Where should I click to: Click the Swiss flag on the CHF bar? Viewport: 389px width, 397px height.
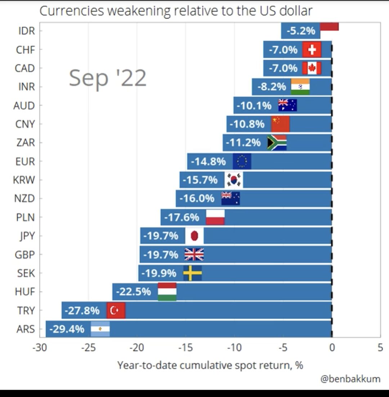pyautogui.click(x=312, y=50)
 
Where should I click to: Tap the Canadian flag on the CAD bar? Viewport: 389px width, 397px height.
pyautogui.click(x=312, y=68)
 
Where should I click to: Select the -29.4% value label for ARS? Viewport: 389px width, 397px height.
pyautogui.click(x=67, y=329)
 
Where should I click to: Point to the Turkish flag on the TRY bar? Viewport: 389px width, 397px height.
pyautogui.click(x=116, y=311)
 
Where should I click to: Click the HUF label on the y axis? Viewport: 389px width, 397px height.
pyautogui.click(x=25, y=291)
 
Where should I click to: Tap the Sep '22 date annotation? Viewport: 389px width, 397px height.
pyautogui.click(x=108, y=77)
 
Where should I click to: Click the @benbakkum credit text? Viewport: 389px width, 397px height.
pyautogui.click(x=350, y=379)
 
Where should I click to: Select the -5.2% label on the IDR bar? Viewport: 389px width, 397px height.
pyautogui.click(x=301, y=31)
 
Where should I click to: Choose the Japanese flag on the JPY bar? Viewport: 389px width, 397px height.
pyautogui.click(x=194, y=236)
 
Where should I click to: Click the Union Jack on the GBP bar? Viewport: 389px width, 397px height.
pyautogui.click(x=194, y=255)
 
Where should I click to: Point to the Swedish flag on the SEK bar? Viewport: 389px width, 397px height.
pyautogui.click(x=192, y=273)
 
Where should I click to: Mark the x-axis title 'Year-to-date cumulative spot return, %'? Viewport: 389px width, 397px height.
pyautogui.click(x=210, y=365)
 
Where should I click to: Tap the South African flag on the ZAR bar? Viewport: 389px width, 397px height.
pyautogui.click(x=277, y=143)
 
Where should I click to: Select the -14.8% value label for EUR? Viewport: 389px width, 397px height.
pyautogui.click(x=208, y=161)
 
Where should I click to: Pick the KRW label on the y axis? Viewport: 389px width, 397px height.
pyautogui.click(x=24, y=180)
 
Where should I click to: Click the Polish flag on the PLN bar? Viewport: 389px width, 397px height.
pyautogui.click(x=215, y=218)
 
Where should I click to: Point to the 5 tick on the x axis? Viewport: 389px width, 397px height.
pyautogui.click(x=380, y=348)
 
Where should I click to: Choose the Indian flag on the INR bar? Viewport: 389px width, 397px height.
pyautogui.click(x=300, y=87)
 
